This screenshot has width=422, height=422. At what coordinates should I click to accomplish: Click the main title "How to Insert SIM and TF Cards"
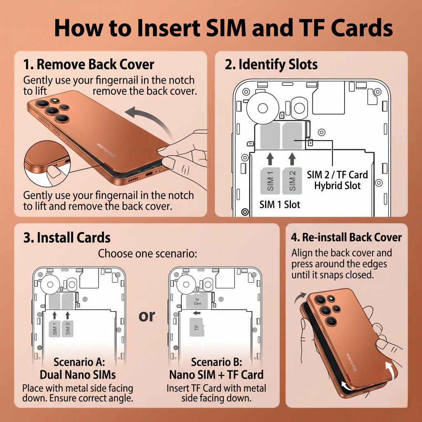click(223, 28)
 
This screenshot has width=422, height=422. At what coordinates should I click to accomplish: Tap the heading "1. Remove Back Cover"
click(89, 65)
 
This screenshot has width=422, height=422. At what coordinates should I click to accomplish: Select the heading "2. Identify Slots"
click(271, 65)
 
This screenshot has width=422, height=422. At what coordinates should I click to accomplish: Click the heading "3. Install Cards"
click(67, 238)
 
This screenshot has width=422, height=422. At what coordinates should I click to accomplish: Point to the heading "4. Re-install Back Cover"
click(346, 237)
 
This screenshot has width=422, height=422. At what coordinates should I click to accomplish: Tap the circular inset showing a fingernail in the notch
click(47, 164)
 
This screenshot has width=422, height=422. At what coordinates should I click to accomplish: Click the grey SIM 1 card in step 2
click(270, 181)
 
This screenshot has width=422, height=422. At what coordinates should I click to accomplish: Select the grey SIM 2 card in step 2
click(292, 181)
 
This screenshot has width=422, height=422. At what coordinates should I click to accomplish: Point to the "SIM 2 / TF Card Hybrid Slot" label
click(337, 181)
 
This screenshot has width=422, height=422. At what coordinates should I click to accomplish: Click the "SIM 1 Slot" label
click(280, 205)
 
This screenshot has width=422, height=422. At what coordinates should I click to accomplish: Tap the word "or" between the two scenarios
click(147, 316)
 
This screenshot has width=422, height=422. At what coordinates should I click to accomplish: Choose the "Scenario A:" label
click(79, 362)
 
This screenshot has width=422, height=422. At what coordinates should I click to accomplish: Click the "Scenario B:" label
click(216, 362)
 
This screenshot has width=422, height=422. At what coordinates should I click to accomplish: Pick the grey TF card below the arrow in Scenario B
click(197, 327)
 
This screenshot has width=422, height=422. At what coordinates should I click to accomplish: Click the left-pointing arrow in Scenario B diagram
click(197, 313)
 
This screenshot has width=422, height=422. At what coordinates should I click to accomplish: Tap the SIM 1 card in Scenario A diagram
click(55, 328)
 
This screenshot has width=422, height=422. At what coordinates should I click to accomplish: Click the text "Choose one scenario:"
click(147, 253)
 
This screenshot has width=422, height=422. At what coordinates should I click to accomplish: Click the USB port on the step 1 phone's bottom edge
click(149, 173)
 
